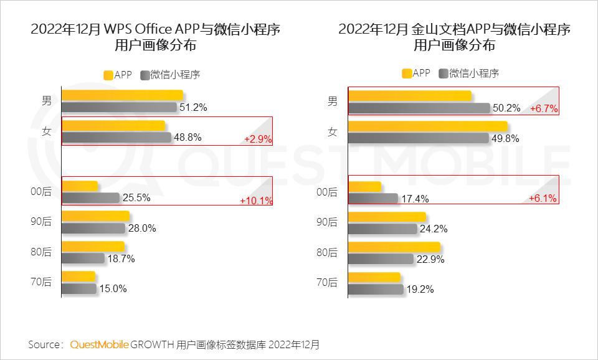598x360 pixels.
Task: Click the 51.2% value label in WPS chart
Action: pos(193,108)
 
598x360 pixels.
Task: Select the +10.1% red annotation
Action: pos(255,201)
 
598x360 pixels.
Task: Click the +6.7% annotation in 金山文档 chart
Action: pos(543,109)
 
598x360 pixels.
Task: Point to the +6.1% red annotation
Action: pos(543,198)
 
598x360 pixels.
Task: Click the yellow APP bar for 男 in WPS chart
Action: pos(123,95)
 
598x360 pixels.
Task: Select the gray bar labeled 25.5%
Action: pos(91,198)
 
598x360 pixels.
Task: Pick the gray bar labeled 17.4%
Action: pos(373,199)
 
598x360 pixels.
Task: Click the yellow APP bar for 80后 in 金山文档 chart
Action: pos(394,247)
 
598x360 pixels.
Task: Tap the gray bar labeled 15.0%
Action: pos(79,288)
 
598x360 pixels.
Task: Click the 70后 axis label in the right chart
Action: pos(327,282)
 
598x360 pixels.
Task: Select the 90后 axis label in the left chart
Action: pos(41,222)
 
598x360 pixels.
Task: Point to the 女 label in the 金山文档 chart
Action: pos(333,131)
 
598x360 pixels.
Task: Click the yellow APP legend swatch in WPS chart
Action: pos(108,75)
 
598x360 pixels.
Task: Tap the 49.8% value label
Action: pos(505,139)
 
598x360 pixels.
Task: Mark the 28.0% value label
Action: pos(142,229)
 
